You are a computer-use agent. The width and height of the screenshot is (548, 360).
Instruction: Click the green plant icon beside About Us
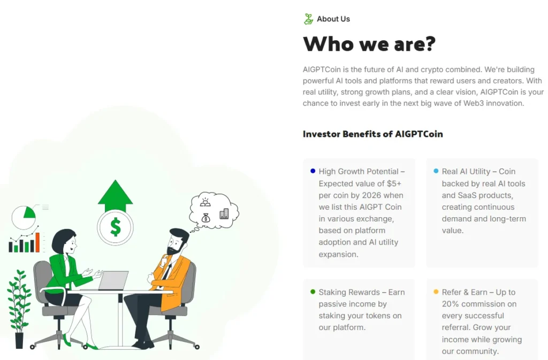click(308, 19)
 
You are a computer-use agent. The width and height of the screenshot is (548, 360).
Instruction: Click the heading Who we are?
click(369, 44)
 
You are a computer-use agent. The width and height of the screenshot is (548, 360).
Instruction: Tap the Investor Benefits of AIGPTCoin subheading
click(372, 134)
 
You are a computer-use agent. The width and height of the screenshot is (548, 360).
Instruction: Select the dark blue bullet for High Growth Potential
click(313, 171)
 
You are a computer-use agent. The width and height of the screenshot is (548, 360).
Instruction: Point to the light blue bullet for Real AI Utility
click(436, 171)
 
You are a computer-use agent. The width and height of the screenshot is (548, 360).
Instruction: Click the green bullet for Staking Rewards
click(313, 292)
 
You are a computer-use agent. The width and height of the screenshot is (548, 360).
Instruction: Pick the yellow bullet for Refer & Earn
click(436, 292)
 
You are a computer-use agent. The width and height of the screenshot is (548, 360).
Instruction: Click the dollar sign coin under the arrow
click(115, 227)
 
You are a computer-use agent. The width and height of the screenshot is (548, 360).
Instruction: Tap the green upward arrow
click(115, 196)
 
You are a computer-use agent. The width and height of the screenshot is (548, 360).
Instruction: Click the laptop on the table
click(114, 281)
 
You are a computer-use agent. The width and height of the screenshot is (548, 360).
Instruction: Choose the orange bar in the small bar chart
click(37, 242)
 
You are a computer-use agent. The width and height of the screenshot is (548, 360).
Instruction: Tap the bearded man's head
click(178, 242)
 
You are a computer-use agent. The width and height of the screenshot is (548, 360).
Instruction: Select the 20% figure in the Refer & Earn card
click(451, 304)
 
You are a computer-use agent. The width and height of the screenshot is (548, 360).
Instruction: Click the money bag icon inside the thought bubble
click(206, 217)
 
